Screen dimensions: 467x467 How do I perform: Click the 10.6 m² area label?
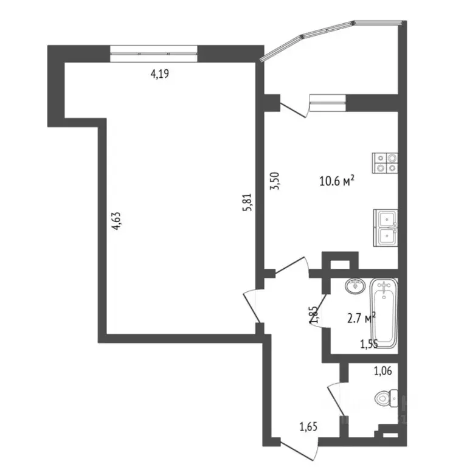tap(337, 181)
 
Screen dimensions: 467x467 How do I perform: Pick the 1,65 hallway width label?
tap(308, 427)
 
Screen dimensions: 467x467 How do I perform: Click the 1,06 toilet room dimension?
tap(383, 370)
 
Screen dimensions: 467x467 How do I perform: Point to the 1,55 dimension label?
tap(370, 344)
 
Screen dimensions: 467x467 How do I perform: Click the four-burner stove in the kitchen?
tap(385, 161)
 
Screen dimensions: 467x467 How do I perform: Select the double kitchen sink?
tap(385, 227)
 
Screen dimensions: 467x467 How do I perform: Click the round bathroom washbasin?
tap(353, 285)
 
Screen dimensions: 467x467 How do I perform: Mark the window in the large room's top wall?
tap(154, 53)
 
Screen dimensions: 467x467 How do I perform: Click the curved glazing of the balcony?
tap(328, 33)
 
